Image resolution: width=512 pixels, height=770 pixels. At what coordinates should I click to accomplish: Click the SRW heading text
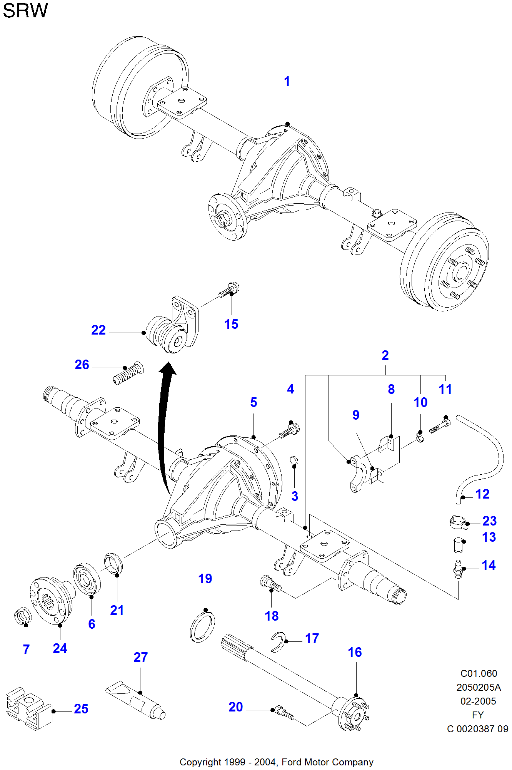[x=25, y=11]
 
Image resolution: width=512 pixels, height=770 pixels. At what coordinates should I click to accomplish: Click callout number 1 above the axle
[x=287, y=82]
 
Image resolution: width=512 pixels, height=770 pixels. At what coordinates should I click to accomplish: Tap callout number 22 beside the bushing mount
[x=98, y=330]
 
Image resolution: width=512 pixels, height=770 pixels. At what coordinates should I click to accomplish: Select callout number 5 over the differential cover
[x=253, y=402]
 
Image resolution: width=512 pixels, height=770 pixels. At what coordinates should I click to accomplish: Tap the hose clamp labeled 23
[x=459, y=522]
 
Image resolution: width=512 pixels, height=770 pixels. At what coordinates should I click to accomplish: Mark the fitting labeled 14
[x=458, y=569]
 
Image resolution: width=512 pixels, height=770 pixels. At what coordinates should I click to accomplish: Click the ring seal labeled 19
[x=202, y=628]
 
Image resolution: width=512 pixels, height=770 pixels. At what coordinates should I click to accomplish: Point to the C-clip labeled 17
[x=278, y=642]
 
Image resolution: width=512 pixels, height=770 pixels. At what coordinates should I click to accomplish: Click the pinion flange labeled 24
[x=51, y=601]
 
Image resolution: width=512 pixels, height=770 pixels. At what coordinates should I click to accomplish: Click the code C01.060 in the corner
[x=479, y=673]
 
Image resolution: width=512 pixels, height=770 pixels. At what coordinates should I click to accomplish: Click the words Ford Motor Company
[x=327, y=762]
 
